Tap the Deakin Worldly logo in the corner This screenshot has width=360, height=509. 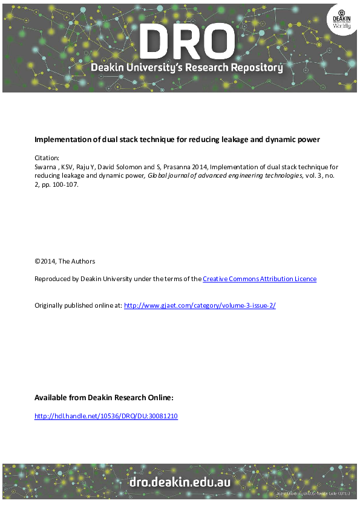point(341,18)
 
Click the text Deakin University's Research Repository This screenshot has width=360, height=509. point(187,68)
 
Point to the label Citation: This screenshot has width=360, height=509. point(47,157)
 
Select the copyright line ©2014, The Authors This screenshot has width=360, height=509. point(65,261)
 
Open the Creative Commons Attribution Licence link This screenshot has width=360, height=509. point(260,279)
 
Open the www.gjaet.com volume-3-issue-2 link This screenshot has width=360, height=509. point(200,306)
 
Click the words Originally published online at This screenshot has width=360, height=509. point(78,306)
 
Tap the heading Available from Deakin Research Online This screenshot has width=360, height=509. point(104,398)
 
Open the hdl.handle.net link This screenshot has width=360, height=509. point(106,416)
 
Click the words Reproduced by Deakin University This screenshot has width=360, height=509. point(78,279)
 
